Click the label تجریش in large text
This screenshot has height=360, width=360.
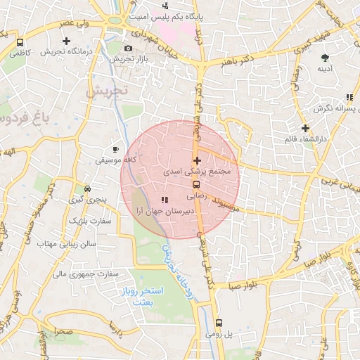pos(107,91)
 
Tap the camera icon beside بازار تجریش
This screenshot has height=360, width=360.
pos(127,48)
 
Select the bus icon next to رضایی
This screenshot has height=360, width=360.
pos(196,186)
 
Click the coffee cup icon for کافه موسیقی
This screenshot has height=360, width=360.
pos(116,150)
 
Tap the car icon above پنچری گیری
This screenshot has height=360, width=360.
pos(87,188)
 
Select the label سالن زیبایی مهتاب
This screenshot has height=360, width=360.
pos(70,243)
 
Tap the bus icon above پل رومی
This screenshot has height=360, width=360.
pos(219,323)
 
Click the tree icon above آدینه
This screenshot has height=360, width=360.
pos(324,58)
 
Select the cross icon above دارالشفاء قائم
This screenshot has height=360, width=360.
pos(305,128)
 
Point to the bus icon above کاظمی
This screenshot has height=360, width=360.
pos(20,42)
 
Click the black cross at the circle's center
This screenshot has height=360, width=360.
pos(197,161)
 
